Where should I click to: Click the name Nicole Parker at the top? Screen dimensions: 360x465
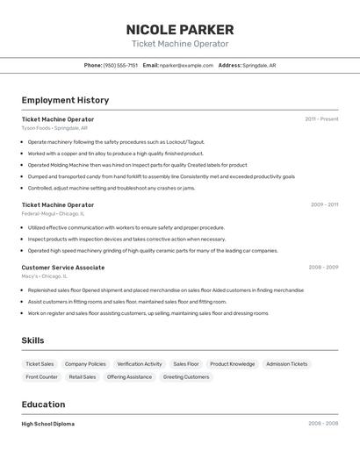point(180,29)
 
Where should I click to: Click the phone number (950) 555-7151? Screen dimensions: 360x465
point(120,65)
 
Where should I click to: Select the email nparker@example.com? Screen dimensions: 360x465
point(187,65)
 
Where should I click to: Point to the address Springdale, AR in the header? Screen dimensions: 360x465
point(260,65)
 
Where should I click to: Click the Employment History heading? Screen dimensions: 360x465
point(65,100)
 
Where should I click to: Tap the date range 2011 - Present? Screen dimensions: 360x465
point(321,119)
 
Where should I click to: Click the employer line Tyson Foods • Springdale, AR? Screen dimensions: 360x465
point(54,128)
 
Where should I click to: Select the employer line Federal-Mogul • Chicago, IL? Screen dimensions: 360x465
point(54,214)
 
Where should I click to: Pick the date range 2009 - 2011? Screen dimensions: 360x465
point(324,205)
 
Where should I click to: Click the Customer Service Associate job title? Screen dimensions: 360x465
point(63,268)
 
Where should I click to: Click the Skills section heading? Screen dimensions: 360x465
point(32,340)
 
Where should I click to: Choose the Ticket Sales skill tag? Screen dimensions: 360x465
point(40,364)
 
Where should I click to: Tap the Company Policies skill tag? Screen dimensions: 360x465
point(85,364)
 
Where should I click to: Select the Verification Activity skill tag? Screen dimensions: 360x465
point(140,364)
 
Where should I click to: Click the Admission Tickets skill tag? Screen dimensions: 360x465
point(286,364)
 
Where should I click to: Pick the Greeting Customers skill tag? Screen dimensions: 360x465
point(186,377)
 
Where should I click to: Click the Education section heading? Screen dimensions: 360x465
point(43,404)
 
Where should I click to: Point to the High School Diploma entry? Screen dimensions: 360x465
point(48,424)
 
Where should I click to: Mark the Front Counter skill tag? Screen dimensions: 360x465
point(41,377)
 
